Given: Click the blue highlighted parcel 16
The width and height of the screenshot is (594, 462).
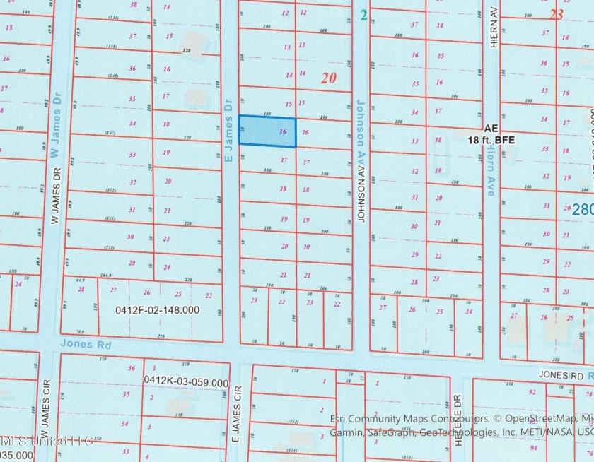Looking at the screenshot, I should coord(267,131).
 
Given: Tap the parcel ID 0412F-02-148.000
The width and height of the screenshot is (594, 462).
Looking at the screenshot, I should coord(157,309).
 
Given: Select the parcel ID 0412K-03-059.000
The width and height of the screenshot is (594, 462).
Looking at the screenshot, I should coord(185,381).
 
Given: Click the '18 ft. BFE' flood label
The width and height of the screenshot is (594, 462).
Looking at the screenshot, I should coord(492,141).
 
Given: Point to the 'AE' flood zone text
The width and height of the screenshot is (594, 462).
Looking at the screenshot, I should coord(491,130).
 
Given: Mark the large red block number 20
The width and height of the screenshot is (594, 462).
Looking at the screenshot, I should coord(327,79).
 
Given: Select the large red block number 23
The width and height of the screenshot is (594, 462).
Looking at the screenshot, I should coord(556,13).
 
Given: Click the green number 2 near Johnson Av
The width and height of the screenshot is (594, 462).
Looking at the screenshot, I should coord(362,14).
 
